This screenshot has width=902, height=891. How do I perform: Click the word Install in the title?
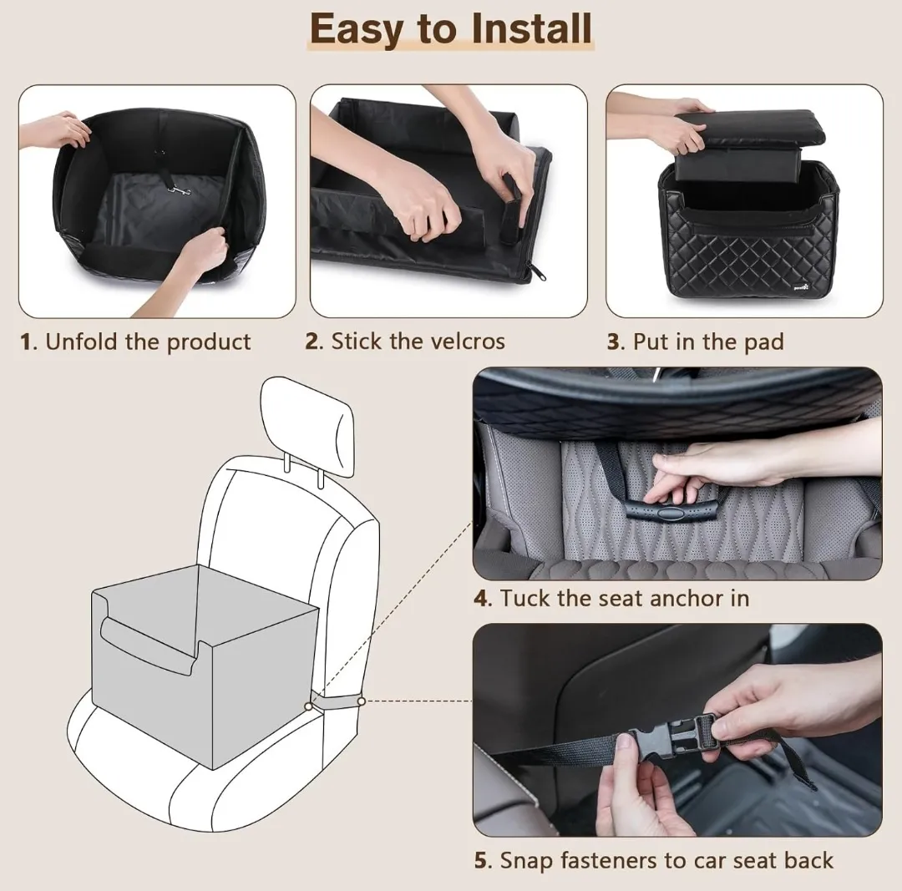pyautogui.click(x=531, y=28)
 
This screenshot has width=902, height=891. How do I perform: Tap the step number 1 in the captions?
pyautogui.click(x=25, y=342)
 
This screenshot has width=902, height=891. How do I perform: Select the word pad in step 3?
pyautogui.click(x=764, y=343)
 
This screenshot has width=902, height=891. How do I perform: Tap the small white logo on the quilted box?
pyautogui.click(x=800, y=286)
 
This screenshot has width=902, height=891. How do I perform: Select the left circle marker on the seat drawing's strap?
pyautogui.click(x=309, y=706)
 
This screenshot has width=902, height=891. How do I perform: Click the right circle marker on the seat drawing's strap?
pyautogui.click(x=361, y=701)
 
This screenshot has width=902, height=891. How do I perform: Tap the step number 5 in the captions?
pyautogui.click(x=482, y=861)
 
